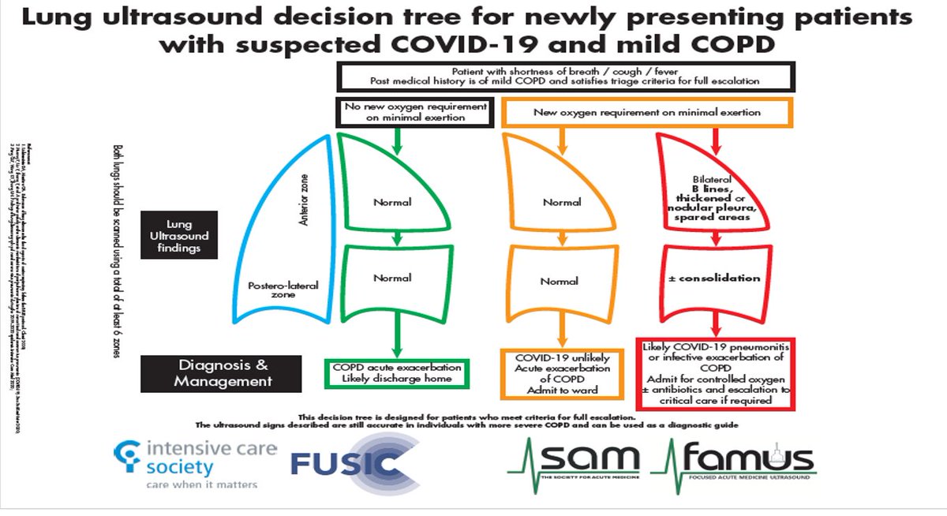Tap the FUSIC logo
click(x=355, y=464)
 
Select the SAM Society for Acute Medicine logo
click(x=574, y=464)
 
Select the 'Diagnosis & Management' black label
click(x=223, y=373)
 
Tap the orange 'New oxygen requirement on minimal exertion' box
click(x=646, y=112)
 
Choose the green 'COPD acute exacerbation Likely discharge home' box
click(x=397, y=372)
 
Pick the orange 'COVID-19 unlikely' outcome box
click(x=562, y=373)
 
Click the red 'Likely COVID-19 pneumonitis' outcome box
click(x=717, y=373)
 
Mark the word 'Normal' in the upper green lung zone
click(x=392, y=202)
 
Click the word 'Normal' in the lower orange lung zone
click(x=560, y=281)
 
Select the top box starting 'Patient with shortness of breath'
click(x=567, y=76)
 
